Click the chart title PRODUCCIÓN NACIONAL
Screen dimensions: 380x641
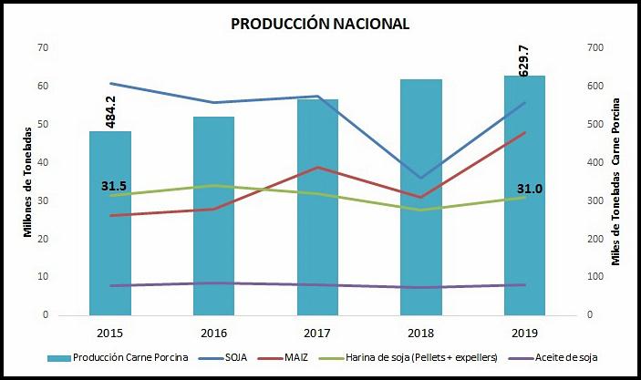coord(320,23)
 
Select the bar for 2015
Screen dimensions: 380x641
coord(110,228)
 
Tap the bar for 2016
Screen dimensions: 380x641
coord(213,219)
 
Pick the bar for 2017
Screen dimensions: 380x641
coord(316,210)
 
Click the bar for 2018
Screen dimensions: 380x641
coord(419,200)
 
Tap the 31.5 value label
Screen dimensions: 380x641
coord(113,186)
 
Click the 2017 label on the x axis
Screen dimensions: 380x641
coord(316,331)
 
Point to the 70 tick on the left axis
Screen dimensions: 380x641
coord(43,47)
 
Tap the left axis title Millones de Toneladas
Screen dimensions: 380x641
coord(27,182)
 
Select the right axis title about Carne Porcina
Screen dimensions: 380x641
coord(617,182)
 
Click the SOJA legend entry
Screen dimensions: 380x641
coord(227,356)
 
